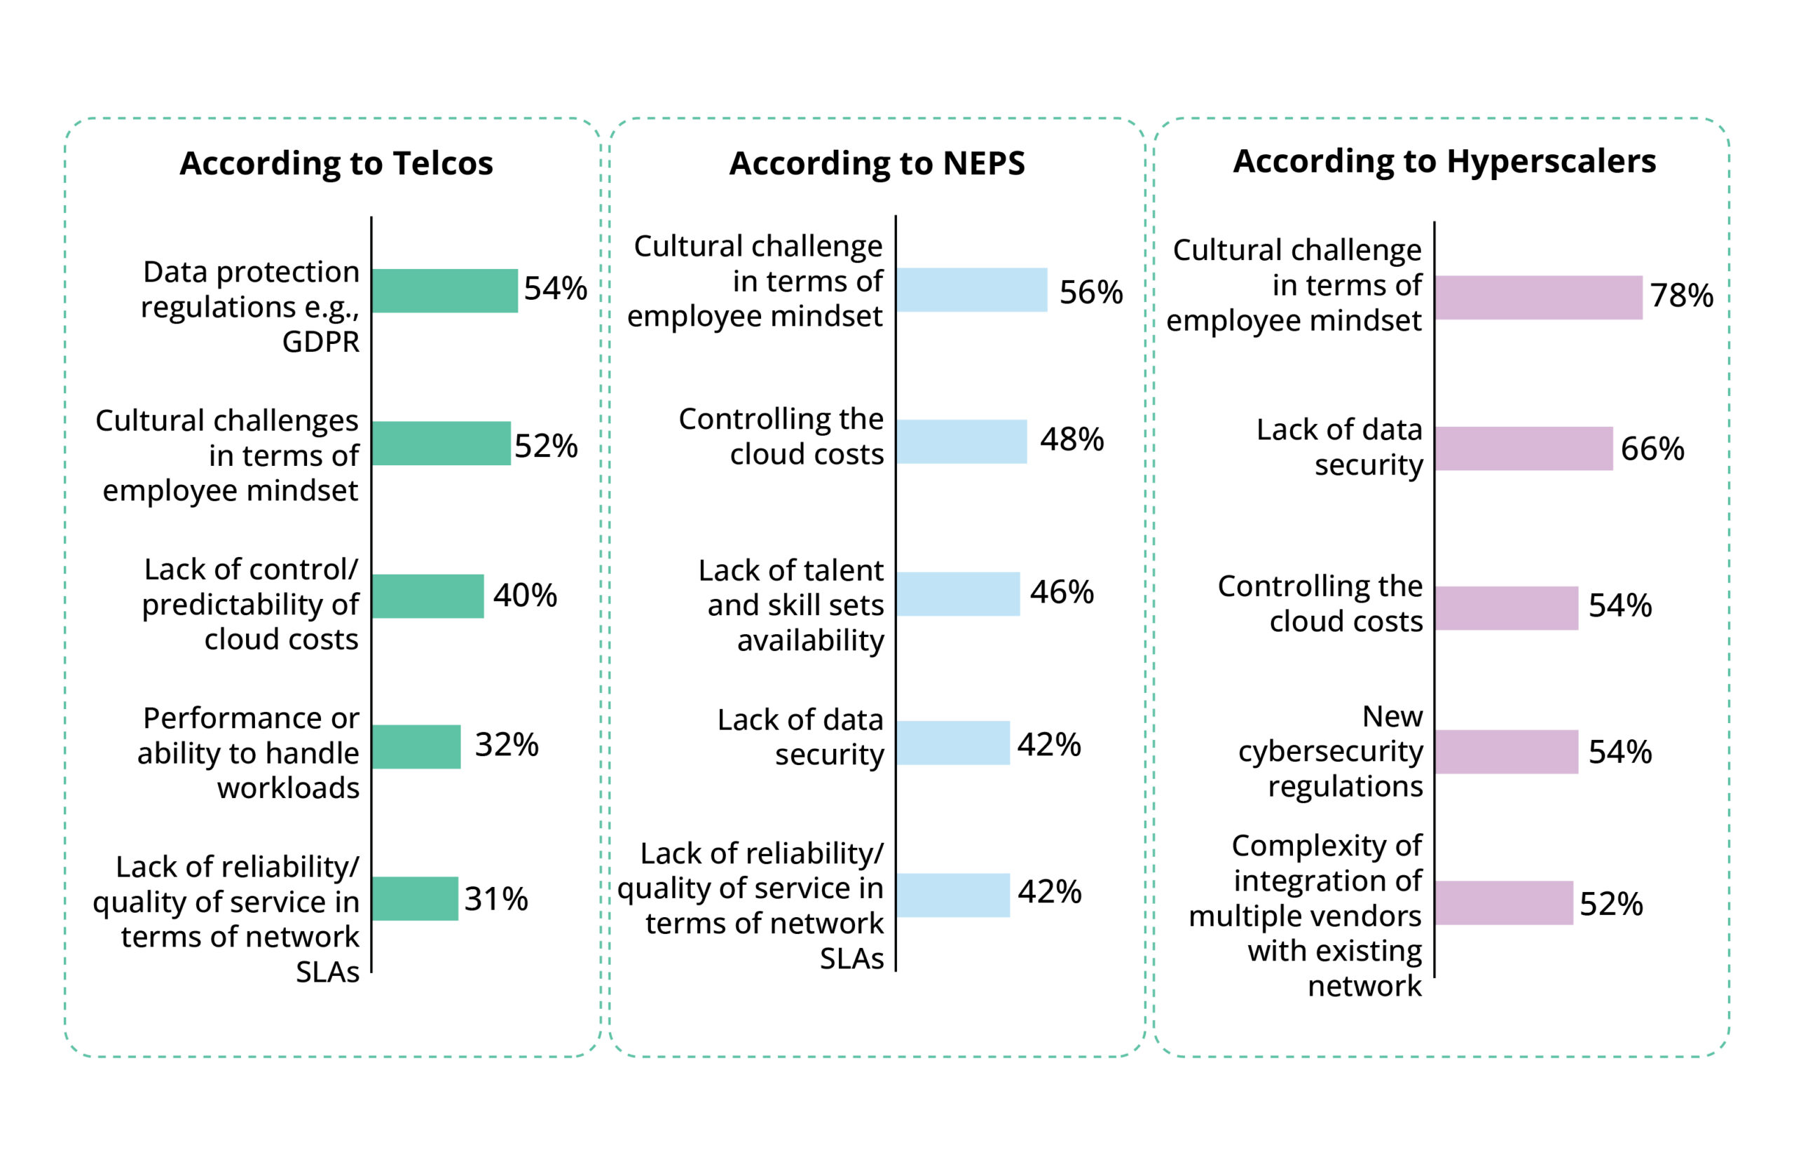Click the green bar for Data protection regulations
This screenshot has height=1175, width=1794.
[444, 291]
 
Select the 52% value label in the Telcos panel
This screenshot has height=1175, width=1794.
[546, 446]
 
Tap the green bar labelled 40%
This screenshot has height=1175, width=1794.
[427, 596]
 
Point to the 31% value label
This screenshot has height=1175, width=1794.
[496, 899]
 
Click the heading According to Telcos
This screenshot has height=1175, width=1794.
[336, 163]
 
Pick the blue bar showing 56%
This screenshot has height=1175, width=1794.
[971, 290]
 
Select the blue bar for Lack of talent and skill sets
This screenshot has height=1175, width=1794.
[958, 594]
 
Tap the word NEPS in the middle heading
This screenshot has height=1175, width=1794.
[984, 163]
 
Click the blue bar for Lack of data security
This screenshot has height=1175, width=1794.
[953, 743]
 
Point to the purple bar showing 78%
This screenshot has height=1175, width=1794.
[1538, 298]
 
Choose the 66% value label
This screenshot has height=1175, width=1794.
[1652, 449]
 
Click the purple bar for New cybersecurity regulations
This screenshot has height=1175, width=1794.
[1506, 751]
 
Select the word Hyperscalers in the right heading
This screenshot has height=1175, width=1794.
[1552, 161]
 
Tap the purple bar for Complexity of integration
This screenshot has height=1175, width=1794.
[1504, 903]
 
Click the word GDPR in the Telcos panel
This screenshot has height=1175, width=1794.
[321, 342]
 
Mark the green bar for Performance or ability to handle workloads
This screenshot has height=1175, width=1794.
[416, 747]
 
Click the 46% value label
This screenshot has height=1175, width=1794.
[1061, 592]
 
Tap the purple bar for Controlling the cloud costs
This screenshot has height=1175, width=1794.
[1506, 608]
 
